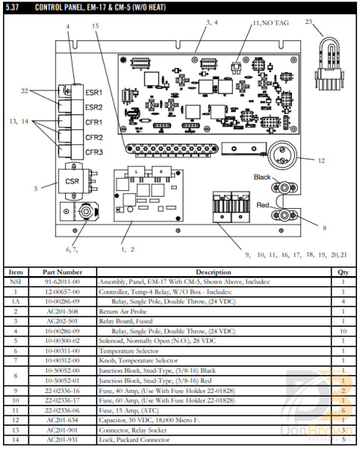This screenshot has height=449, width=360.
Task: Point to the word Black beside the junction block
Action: [x=262, y=177]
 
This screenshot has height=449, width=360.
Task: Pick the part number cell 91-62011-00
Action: [x=69, y=283]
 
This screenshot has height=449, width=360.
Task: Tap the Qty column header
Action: [x=342, y=272]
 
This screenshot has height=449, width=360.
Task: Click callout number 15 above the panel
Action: [x=95, y=26]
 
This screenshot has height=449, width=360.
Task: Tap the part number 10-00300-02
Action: [x=69, y=336]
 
